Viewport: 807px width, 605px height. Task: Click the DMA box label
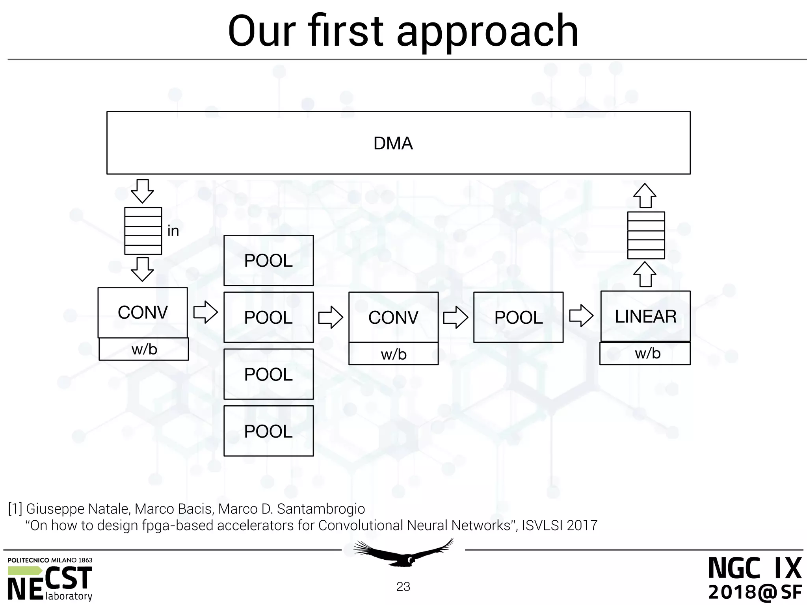(x=393, y=143)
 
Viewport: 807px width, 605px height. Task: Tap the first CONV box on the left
(x=143, y=312)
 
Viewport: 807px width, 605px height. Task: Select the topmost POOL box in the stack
(x=268, y=260)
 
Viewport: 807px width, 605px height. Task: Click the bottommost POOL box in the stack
(x=268, y=431)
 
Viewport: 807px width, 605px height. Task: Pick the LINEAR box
(x=645, y=316)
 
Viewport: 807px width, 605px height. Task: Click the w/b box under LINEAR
(x=645, y=353)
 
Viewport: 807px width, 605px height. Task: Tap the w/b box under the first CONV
(x=144, y=349)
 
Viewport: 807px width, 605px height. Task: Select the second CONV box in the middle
(x=393, y=317)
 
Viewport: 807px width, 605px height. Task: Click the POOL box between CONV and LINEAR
(x=518, y=317)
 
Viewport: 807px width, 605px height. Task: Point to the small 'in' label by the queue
(x=173, y=231)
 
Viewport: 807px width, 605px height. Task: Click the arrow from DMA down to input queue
(x=142, y=191)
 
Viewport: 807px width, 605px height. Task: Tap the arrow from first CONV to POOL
(x=205, y=312)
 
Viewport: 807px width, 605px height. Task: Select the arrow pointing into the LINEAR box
(x=581, y=315)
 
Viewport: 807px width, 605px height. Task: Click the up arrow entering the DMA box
(x=645, y=196)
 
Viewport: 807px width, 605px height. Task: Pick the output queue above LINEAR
(x=646, y=235)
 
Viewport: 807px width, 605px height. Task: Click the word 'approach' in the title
(x=487, y=32)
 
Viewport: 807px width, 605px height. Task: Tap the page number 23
(x=403, y=586)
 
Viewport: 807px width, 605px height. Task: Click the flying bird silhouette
(x=403, y=552)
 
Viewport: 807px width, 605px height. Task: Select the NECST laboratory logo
(x=50, y=579)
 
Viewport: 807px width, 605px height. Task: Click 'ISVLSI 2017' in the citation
(x=560, y=525)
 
